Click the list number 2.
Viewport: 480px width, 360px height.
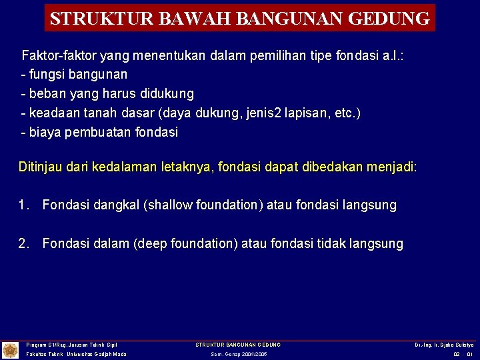[24, 244]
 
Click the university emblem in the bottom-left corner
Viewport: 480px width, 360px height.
[10, 350]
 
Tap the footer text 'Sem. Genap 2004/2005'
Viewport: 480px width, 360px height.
[239, 354]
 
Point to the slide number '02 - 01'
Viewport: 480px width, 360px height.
[463, 354]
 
